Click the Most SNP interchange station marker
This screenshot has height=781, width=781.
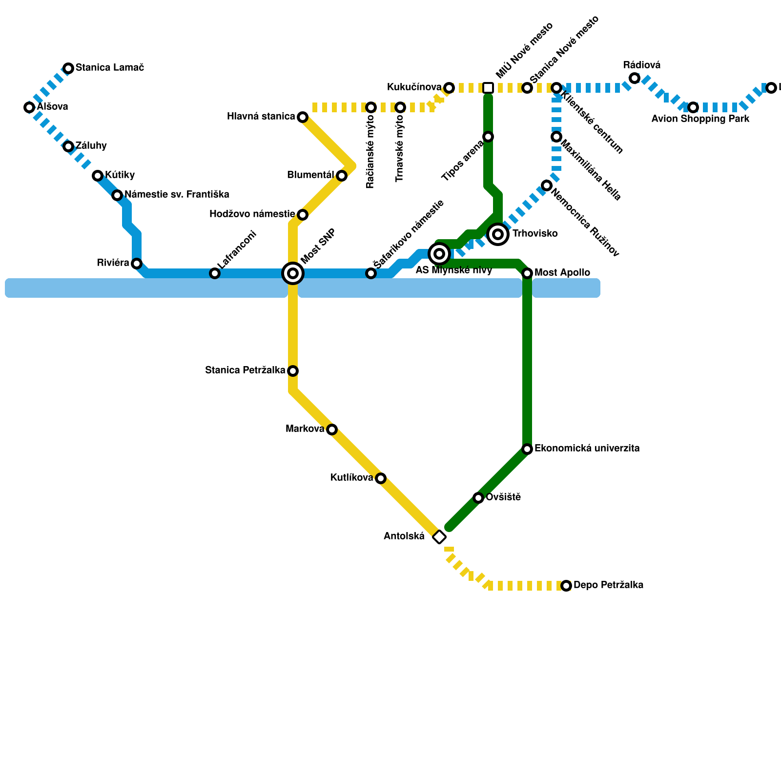(x=293, y=273)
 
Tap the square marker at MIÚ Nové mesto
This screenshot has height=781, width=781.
(x=488, y=88)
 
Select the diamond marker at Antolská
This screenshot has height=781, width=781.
(x=439, y=537)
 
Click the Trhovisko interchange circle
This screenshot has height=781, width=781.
(x=498, y=234)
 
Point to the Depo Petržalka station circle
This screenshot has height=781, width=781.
(x=566, y=586)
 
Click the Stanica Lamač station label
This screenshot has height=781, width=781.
(x=109, y=68)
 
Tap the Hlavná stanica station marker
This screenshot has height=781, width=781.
(x=303, y=117)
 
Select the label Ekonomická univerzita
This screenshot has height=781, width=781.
(x=587, y=449)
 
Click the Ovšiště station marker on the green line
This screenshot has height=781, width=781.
(x=478, y=498)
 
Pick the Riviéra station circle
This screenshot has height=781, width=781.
(x=137, y=264)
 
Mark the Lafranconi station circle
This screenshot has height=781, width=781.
(x=215, y=273)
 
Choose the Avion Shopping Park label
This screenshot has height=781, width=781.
(x=700, y=119)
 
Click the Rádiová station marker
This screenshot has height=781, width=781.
(x=635, y=78)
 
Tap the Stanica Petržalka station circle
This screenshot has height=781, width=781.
(x=293, y=371)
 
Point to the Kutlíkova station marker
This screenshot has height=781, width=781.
(x=381, y=478)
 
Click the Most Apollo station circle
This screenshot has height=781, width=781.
(x=527, y=273)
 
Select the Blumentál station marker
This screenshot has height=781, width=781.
(x=342, y=176)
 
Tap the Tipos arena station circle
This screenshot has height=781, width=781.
(x=488, y=137)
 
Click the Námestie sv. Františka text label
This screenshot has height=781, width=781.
(x=177, y=195)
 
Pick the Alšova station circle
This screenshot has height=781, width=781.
(x=29, y=107)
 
